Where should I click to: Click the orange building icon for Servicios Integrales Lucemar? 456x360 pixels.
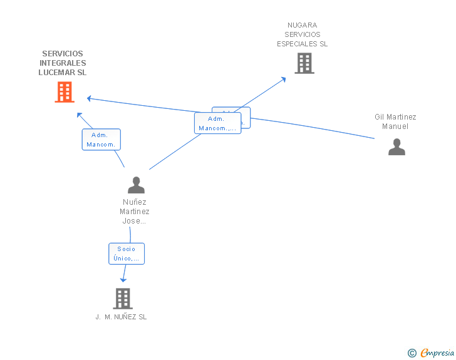click(64, 92)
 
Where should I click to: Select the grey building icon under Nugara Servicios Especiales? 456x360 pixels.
click(304, 63)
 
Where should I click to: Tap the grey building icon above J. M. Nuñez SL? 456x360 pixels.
click(123, 299)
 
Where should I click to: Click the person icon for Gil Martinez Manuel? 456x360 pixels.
click(396, 147)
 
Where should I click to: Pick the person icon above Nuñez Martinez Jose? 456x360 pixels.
click(136, 185)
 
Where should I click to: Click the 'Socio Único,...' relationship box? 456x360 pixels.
click(126, 254)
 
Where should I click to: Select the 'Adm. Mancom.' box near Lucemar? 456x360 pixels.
click(101, 140)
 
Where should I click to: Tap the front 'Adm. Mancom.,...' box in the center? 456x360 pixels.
click(217, 123)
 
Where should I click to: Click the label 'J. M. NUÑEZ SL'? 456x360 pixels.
click(122, 317)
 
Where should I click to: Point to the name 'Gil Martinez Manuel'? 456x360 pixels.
click(395, 121)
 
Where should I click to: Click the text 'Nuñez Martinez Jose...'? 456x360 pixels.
click(135, 212)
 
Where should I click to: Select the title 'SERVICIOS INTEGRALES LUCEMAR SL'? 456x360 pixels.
click(63, 63)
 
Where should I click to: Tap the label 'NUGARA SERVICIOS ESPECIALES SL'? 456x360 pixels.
click(303, 34)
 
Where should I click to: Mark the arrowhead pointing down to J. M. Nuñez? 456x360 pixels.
click(123, 279)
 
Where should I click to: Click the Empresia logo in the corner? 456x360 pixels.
click(437, 353)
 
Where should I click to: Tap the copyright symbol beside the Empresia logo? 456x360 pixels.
click(412, 354)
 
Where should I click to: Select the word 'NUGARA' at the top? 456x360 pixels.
click(303, 26)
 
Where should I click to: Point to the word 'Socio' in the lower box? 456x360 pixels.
click(126, 249)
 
